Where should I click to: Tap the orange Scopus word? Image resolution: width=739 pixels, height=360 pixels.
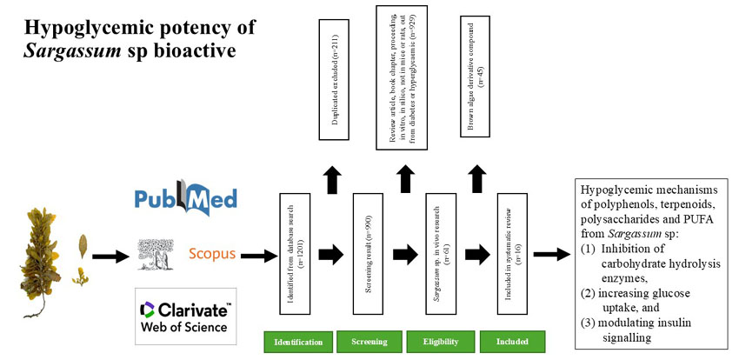[x=213, y=254]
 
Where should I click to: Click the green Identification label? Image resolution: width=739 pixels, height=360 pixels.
[x=298, y=342]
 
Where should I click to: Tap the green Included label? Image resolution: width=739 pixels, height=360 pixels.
[x=511, y=342]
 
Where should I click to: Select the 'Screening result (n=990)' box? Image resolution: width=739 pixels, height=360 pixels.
[x=368, y=254]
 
